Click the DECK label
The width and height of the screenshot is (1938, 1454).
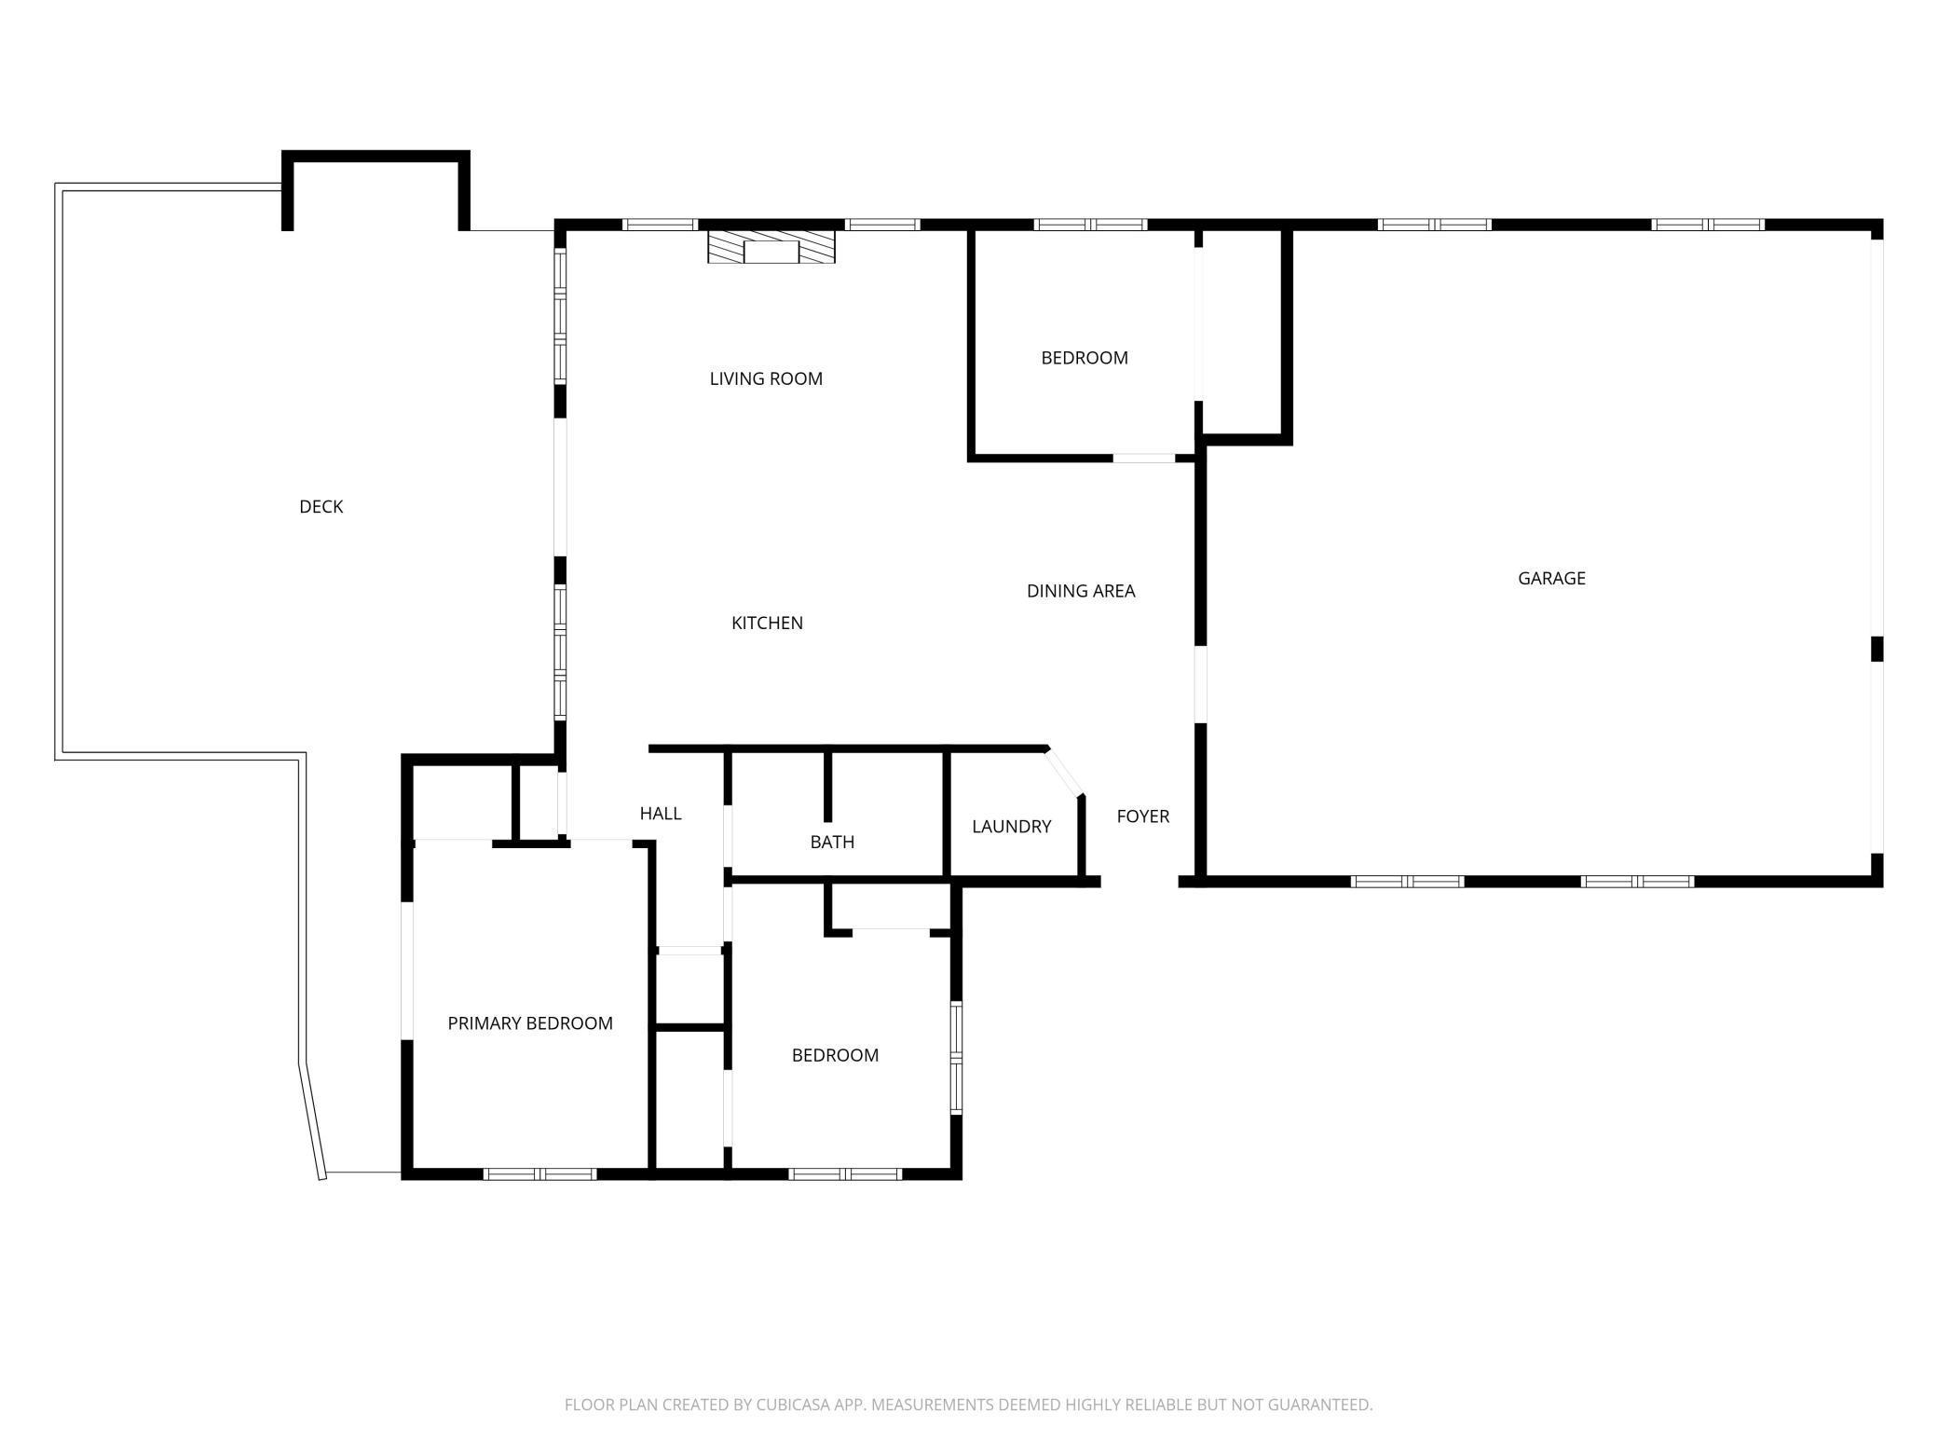tap(321, 506)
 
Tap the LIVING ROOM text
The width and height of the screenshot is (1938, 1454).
tap(766, 378)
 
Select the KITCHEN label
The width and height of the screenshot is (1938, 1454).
tap(767, 623)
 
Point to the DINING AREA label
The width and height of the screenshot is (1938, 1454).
tap(1081, 591)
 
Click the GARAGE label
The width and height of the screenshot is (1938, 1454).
tap(1551, 578)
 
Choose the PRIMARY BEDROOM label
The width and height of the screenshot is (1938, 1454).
tap(530, 1023)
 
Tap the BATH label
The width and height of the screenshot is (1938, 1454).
tap(832, 842)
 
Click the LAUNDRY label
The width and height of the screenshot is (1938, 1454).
tap(1011, 827)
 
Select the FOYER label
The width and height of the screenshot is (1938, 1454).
tap(1142, 816)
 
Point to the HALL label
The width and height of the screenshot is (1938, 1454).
tap(661, 814)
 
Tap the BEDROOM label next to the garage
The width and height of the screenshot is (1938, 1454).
tap(1084, 358)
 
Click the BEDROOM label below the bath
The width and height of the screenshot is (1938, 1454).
tap(835, 1055)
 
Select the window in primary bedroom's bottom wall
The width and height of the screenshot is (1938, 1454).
tap(540, 1173)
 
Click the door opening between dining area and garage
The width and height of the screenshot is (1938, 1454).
tap(1201, 685)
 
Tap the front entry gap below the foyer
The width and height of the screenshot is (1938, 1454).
tap(1140, 882)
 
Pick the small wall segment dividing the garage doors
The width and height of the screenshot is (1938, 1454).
tap(1877, 649)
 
